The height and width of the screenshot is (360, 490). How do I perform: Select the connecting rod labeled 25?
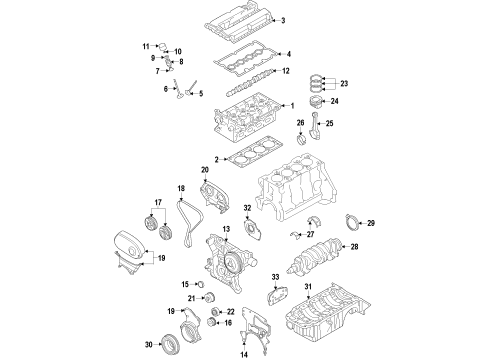[324, 131]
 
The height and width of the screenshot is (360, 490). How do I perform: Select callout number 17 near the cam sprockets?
[157, 204]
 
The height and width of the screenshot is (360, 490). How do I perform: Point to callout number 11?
[144, 46]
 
